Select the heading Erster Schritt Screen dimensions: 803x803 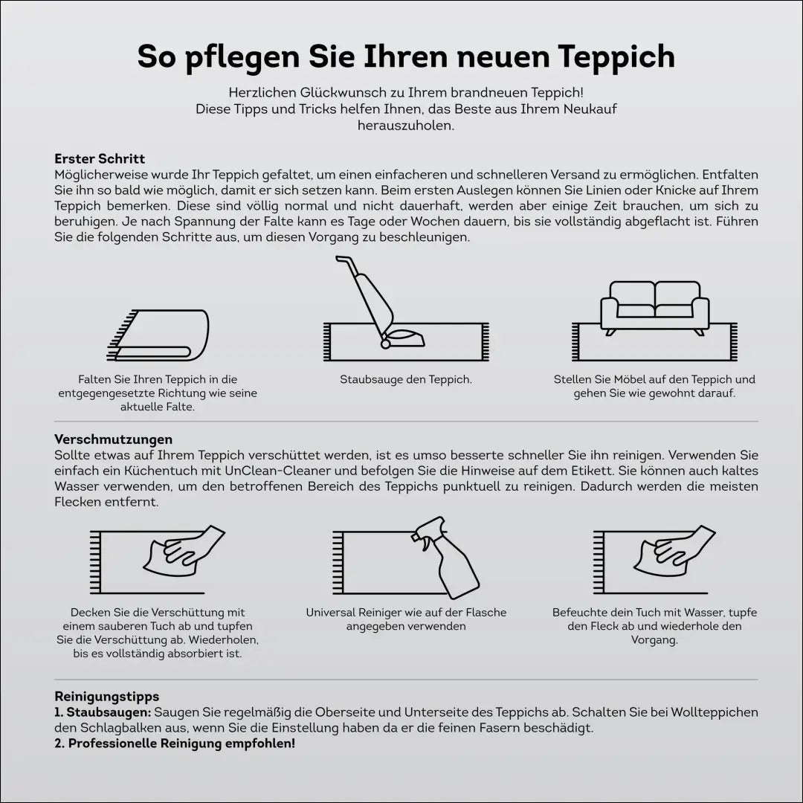pos(100,159)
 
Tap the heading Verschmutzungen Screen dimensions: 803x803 pos(113,440)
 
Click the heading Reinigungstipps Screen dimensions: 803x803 pos(106,697)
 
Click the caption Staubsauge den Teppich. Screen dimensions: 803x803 pos(406,380)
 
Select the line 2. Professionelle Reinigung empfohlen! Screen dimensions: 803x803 pos(175,744)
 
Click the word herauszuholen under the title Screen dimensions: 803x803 pos(405,126)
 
